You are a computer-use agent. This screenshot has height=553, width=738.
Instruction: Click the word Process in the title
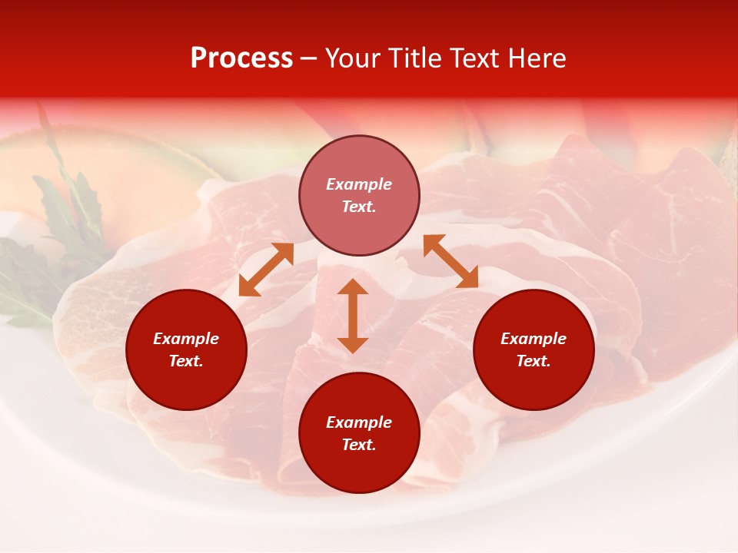click(241, 58)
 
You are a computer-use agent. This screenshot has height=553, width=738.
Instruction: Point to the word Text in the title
click(475, 58)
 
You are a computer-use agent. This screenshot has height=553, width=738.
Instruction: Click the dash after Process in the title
click(309, 59)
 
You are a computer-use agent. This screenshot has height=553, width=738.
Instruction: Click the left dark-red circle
click(186, 349)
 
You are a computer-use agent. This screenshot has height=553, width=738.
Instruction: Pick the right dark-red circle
click(534, 349)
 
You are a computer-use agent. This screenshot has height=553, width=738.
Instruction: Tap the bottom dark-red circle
click(359, 432)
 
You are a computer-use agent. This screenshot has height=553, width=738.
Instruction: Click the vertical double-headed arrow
click(353, 316)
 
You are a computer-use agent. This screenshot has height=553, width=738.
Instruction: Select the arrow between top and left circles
click(266, 270)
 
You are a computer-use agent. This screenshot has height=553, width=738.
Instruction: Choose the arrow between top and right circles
click(450, 261)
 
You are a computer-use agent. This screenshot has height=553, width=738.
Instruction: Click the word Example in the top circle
click(359, 184)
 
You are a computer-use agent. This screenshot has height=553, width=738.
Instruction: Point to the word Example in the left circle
click(186, 339)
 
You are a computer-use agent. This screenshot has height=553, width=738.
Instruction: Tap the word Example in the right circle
click(534, 339)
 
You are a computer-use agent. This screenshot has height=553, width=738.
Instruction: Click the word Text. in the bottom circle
click(359, 445)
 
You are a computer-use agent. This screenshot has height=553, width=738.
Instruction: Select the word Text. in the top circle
click(359, 207)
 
